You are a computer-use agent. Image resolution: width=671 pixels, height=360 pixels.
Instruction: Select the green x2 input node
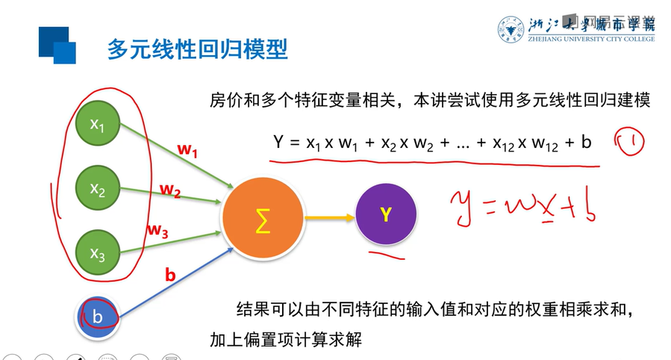pyautogui.click(x=98, y=189)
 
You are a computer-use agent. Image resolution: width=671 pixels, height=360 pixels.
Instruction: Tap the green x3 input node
pyautogui.click(x=98, y=253)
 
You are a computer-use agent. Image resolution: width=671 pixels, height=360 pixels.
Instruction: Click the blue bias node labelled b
pyautogui.click(x=97, y=317)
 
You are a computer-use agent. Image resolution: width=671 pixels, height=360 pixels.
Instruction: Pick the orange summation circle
pyautogui.click(x=262, y=220)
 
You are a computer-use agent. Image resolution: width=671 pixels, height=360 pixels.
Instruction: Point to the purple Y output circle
pyautogui.click(x=386, y=216)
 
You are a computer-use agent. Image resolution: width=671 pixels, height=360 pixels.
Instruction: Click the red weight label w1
pyautogui.click(x=187, y=149)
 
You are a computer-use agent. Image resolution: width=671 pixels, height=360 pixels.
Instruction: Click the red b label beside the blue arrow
pyautogui.click(x=170, y=274)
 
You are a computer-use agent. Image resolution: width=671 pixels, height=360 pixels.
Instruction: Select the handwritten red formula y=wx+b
pyautogui.click(x=522, y=205)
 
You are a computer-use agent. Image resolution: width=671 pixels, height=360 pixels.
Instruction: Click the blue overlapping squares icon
pyautogui.click(x=57, y=45)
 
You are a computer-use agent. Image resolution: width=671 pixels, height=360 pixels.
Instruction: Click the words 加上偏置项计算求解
pyautogui.click(x=286, y=340)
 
